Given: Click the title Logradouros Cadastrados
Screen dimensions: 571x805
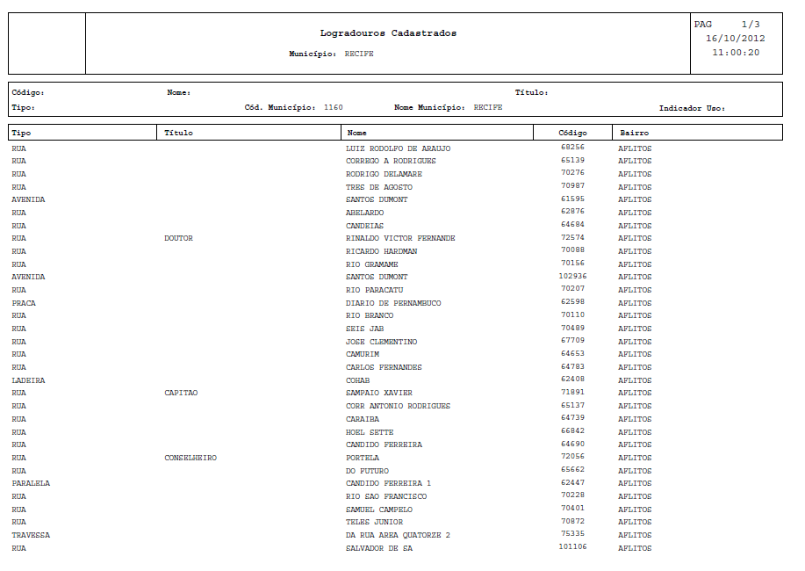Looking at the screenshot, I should (x=388, y=33).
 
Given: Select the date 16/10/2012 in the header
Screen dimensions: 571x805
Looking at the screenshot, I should (x=736, y=39).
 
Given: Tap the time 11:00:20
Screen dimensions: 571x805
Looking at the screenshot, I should (x=736, y=53).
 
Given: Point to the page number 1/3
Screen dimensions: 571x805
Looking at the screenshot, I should (x=750, y=25).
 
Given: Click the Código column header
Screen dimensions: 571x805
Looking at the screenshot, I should (x=572, y=133).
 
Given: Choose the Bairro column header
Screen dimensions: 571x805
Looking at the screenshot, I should (x=634, y=133).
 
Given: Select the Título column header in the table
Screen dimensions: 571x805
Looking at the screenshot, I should (x=178, y=133).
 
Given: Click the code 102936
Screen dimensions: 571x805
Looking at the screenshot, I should (x=572, y=277).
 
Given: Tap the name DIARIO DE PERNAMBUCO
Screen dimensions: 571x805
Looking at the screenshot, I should (x=393, y=303).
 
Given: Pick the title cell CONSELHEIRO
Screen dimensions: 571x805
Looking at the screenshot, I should (x=190, y=458).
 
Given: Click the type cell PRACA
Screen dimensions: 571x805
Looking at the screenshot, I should (x=24, y=303).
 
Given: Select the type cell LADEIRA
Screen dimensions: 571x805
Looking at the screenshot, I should (x=28, y=380).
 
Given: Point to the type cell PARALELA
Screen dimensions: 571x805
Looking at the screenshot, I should (x=31, y=483).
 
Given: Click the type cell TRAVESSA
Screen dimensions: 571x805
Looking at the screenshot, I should (x=31, y=535).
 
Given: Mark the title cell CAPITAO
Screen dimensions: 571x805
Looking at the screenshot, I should (x=181, y=393).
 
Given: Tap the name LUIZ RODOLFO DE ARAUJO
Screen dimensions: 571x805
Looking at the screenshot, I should (x=398, y=148).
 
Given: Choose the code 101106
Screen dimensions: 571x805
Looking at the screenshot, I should (x=572, y=547).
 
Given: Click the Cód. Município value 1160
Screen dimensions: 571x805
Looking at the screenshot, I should (x=334, y=107).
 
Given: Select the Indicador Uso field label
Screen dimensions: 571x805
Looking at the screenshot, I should (x=692, y=108).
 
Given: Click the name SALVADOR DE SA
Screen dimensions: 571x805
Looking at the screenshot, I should (x=379, y=548).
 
